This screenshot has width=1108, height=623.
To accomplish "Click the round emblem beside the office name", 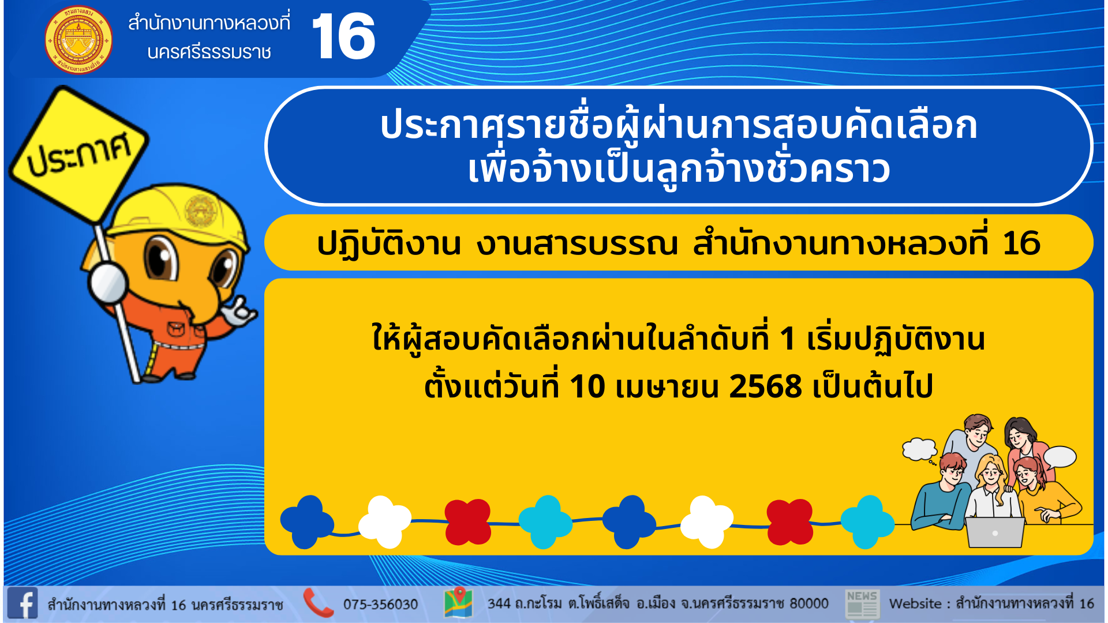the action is tap(78, 40).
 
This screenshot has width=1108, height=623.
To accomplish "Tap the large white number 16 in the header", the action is tap(343, 36).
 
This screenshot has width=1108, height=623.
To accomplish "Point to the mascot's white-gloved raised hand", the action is tap(239, 312).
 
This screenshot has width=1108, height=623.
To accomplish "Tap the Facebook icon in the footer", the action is tap(23, 603).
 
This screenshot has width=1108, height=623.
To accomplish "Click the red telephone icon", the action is tap(318, 603).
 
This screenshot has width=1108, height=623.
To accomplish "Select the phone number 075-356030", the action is tap(380, 604).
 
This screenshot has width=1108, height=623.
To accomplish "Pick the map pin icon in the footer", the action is tap(459, 602).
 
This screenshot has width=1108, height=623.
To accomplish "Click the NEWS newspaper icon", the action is tap(862, 604).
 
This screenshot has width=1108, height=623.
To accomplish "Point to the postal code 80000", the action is tap(808, 603).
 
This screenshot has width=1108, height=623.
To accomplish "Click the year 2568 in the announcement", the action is tap(765, 386).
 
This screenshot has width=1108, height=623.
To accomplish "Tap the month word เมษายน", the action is tap(667, 386).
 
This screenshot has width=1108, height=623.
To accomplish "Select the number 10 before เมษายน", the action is tap(587, 386).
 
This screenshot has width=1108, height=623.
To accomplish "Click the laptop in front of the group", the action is tap(995, 532).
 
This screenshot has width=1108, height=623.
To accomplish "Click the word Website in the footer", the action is tap(915, 603).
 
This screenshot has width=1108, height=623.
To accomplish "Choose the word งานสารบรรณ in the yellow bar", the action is tap(577, 243).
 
